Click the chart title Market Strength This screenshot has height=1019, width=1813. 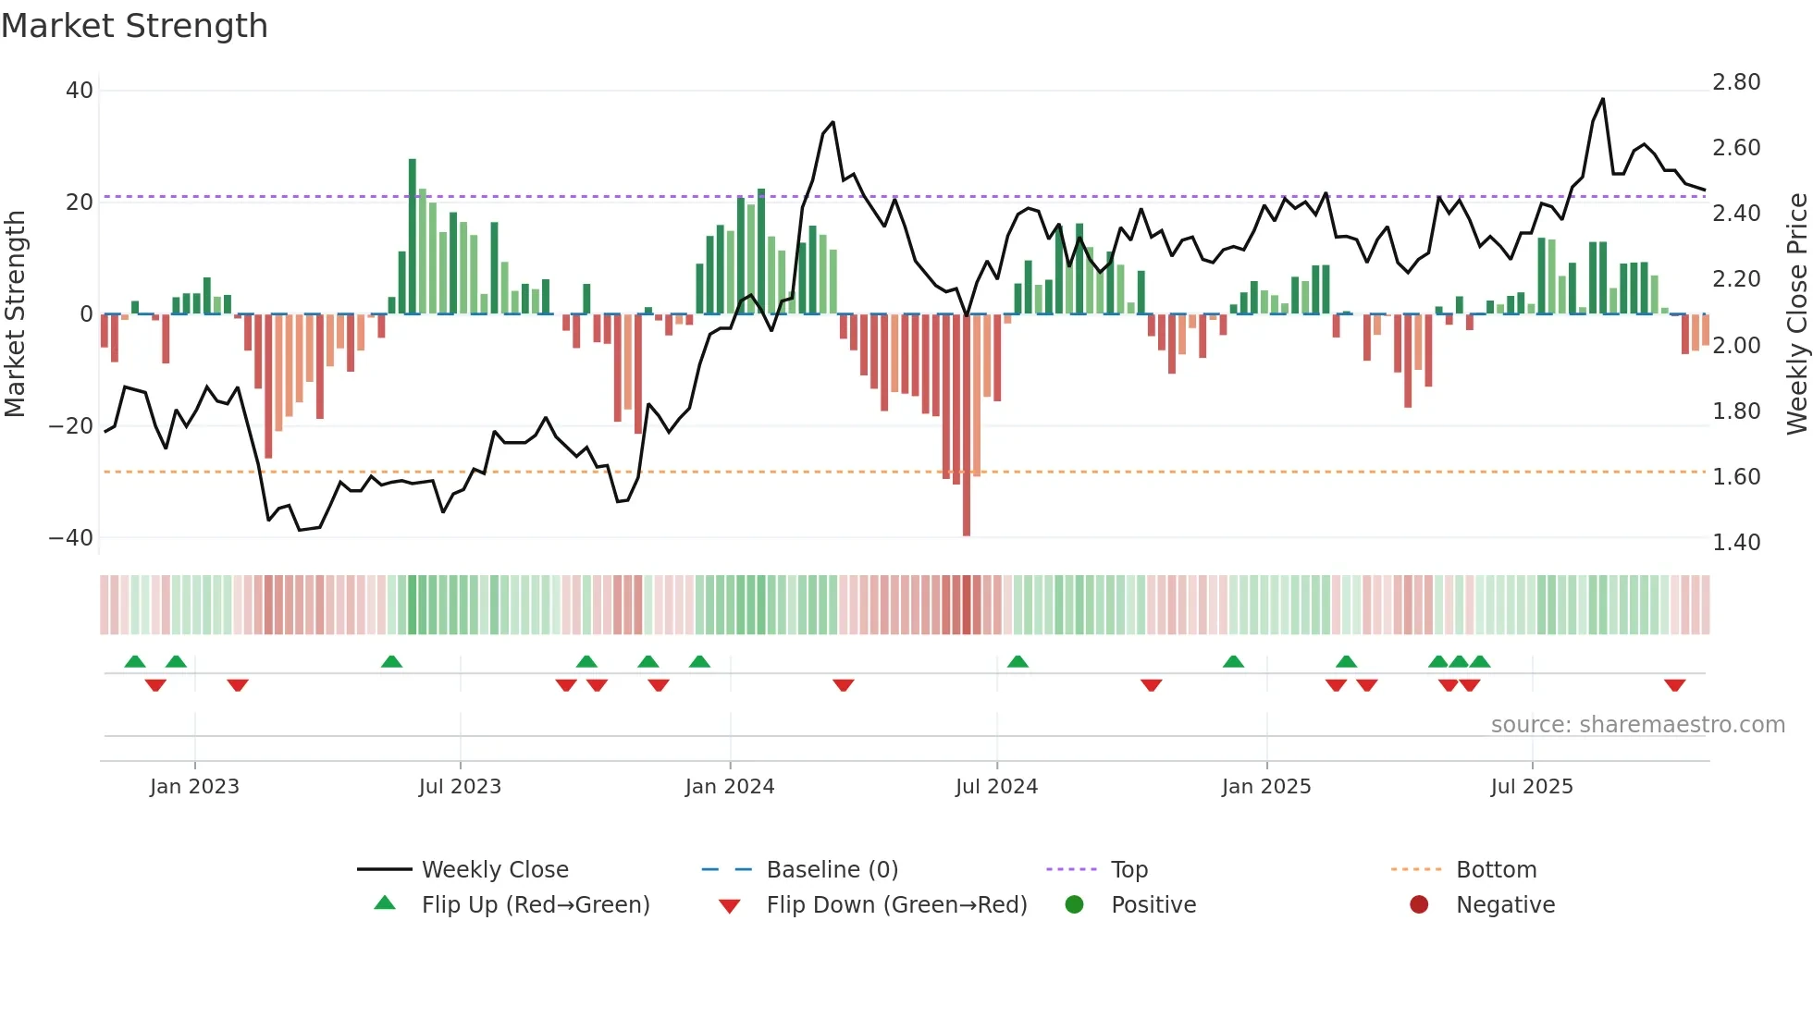[x=134, y=26]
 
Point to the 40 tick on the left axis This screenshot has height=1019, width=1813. [x=80, y=91]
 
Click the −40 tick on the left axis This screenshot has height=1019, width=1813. [x=71, y=537]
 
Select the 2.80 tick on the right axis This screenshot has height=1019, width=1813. [x=1736, y=82]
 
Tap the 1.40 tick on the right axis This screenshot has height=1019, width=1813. [x=1736, y=542]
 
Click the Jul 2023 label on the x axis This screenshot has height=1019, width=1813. [x=460, y=786]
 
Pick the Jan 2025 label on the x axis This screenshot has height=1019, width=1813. [x=1266, y=786]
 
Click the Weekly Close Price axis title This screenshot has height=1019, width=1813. [x=1796, y=313]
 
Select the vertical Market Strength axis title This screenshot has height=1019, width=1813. [x=15, y=313]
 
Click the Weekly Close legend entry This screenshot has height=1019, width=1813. [x=495, y=869]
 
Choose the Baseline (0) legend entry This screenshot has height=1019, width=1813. [x=832, y=869]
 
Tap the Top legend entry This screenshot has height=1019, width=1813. [x=1128, y=869]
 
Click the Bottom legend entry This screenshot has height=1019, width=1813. [x=1496, y=869]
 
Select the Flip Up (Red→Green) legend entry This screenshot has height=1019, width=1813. [x=535, y=904]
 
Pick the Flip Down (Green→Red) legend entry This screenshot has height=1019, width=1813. [x=896, y=904]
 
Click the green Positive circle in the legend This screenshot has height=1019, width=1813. [x=1074, y=904]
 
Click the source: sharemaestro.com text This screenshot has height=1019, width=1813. [x=1637, y=724]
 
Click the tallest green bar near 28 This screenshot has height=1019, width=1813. [x=413, y=236]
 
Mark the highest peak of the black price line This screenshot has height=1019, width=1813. [x=1603, y=99]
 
